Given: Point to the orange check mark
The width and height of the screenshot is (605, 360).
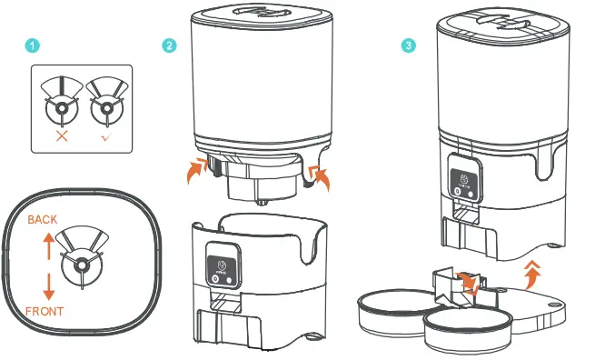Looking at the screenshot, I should point(106,135).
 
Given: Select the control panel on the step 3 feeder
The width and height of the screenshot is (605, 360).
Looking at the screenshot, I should point(462,177).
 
